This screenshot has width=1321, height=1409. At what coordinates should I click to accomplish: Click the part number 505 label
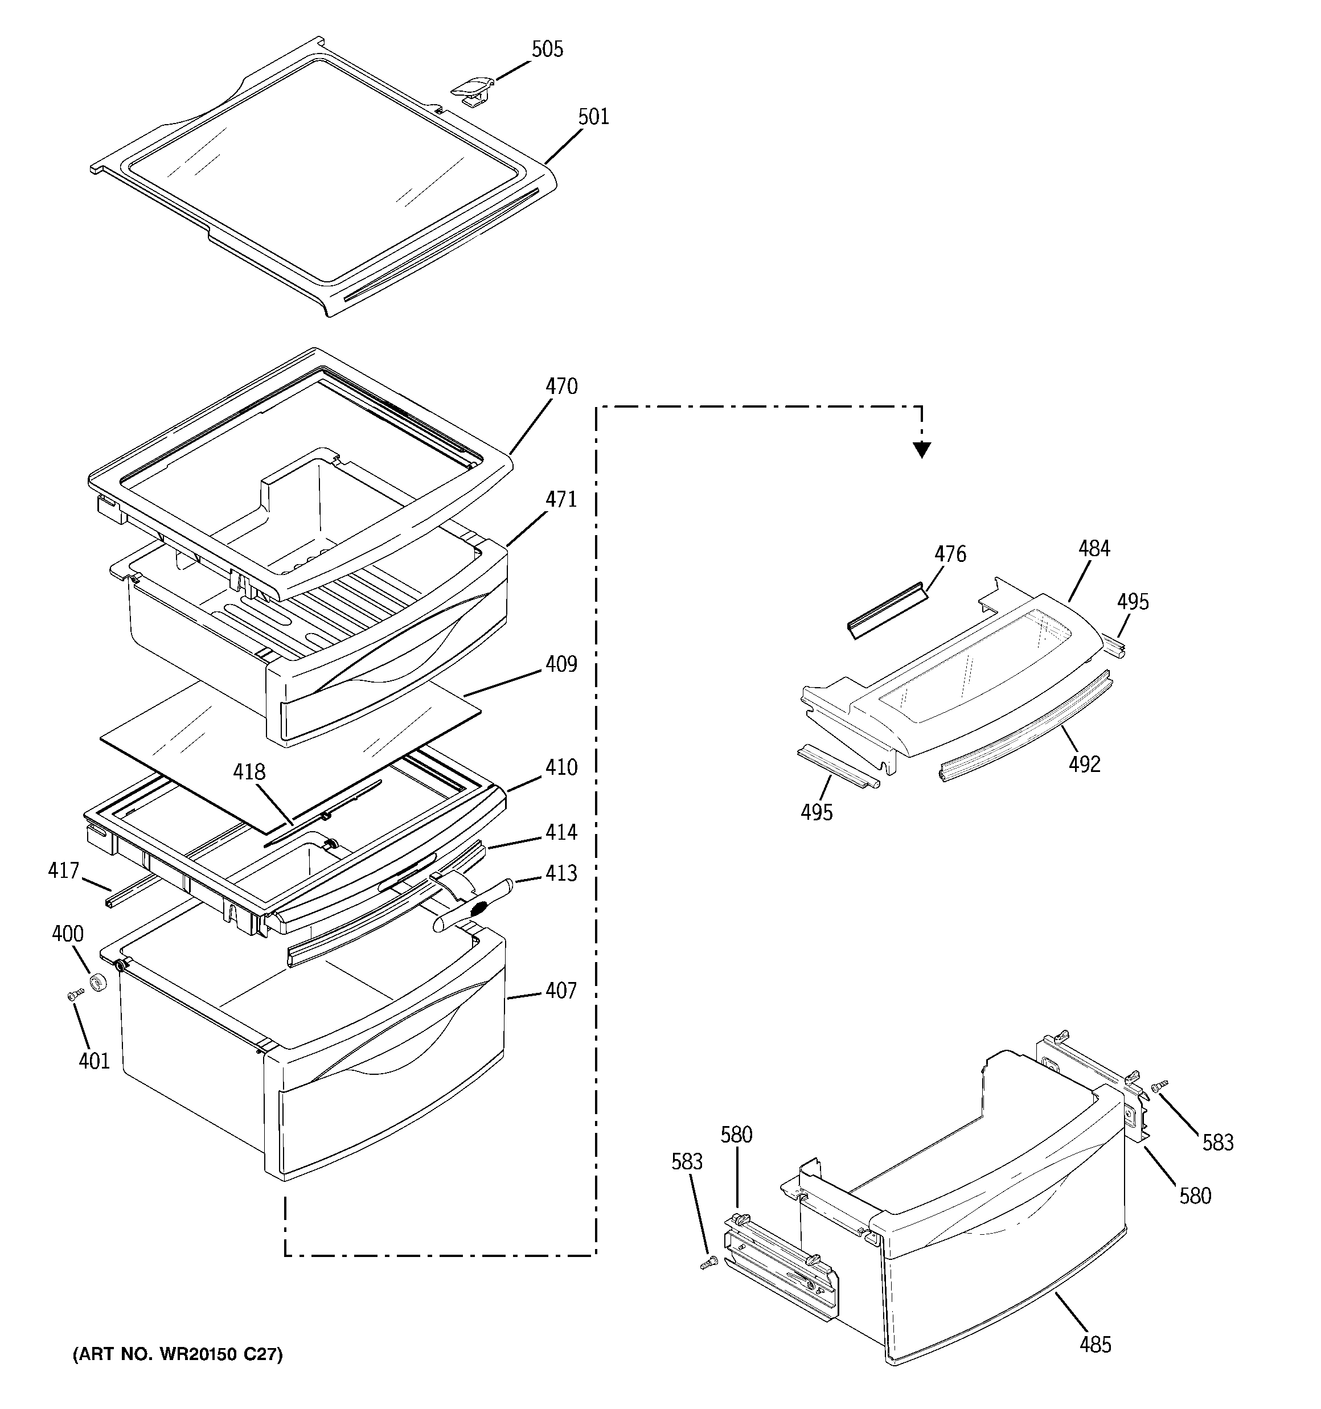[x=547, y=50]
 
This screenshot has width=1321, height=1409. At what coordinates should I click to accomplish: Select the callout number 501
[x=593, y=117]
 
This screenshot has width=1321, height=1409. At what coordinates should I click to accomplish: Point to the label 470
[x=561, y=387]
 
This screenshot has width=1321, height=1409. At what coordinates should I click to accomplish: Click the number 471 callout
[x=561, y=500]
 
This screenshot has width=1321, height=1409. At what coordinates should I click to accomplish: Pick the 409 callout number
[x=561, y=665]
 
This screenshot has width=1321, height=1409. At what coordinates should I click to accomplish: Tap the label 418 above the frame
[x=249, y=771]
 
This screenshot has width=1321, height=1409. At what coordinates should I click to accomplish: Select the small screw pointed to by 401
[x=75, y=995]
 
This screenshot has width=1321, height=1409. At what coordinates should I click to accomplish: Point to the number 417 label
[x=63, y=870]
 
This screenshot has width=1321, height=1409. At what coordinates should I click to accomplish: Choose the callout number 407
[x=561, y=991]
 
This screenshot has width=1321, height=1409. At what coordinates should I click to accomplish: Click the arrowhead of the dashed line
[x=921, y=449]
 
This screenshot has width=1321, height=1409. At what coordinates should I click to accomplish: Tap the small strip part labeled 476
[x=887, y=610]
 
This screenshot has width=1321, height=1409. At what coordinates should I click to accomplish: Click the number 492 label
[x=1084, y=764]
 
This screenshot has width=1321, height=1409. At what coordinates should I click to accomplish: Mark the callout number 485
[x=1096, y=1345]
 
